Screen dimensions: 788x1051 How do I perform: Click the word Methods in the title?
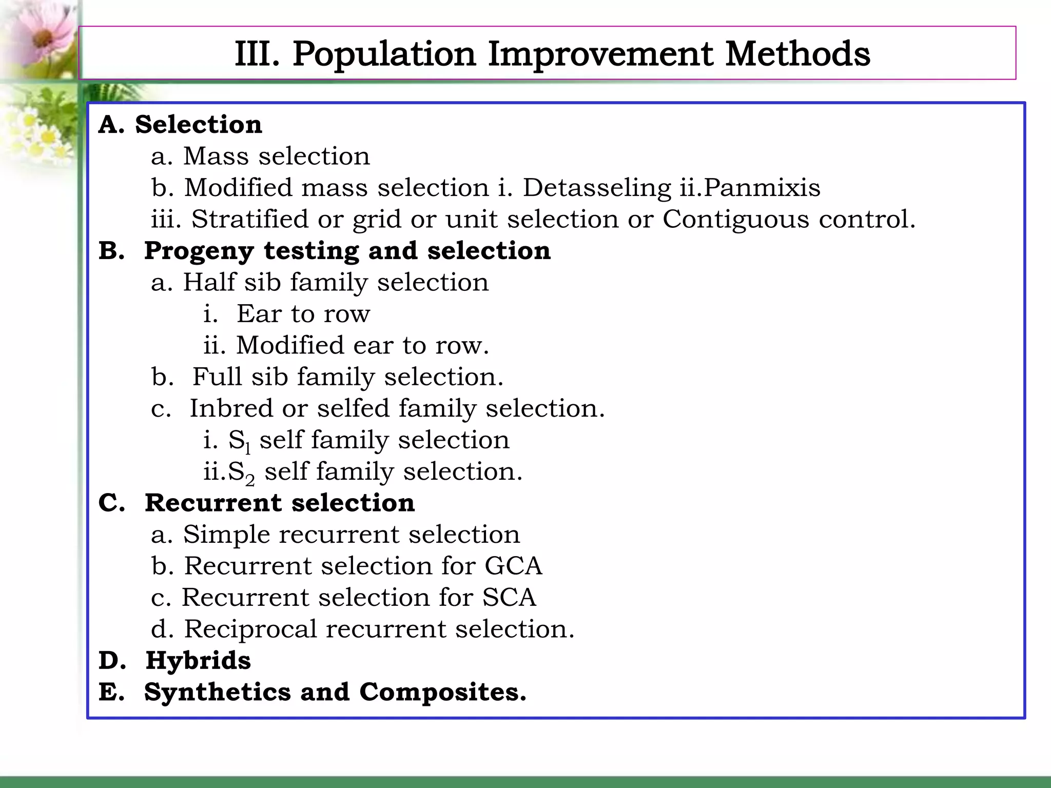(x=797, y=54)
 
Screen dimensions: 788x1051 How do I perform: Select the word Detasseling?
(x=596, y=188)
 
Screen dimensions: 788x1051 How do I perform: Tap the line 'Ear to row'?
(x=303, y=313)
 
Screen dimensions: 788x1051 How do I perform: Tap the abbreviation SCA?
(x=509, y=598)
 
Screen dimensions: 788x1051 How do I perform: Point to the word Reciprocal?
(x=250, y=629)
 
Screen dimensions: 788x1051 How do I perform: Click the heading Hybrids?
(x=198, y=660)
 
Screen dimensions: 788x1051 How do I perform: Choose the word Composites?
(x=442, y=692)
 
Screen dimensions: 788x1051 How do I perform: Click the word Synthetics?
(x=218, y=692)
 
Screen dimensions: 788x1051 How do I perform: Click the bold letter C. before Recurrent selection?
(x=111, y=503)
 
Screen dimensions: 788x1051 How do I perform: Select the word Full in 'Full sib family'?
(x=217, y=377)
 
